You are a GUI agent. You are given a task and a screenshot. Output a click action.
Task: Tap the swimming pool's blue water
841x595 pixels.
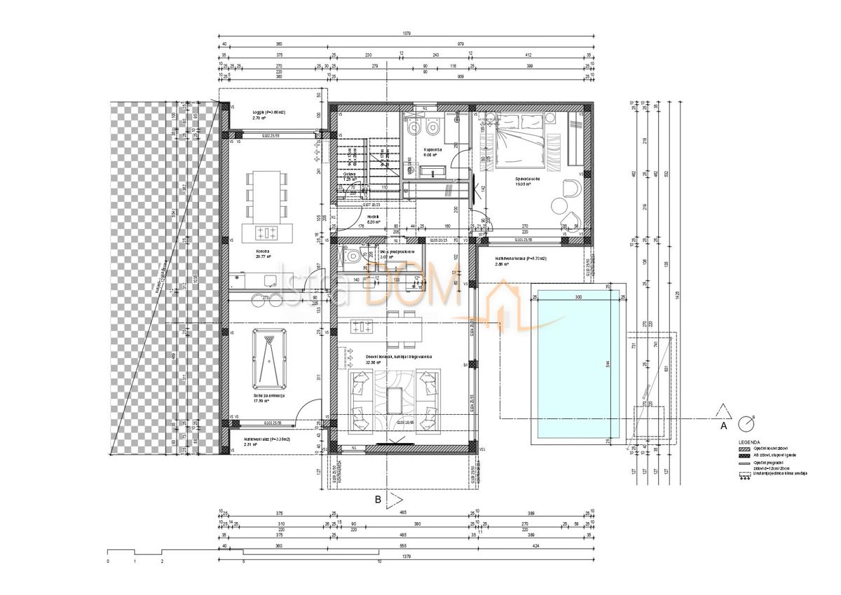575,364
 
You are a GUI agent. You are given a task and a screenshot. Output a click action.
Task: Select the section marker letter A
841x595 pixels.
725,425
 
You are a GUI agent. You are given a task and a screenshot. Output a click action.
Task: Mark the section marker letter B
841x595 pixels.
378,500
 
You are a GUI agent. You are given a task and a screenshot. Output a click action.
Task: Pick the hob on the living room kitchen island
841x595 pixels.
362,326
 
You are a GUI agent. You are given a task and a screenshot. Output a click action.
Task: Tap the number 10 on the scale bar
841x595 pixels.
379,561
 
